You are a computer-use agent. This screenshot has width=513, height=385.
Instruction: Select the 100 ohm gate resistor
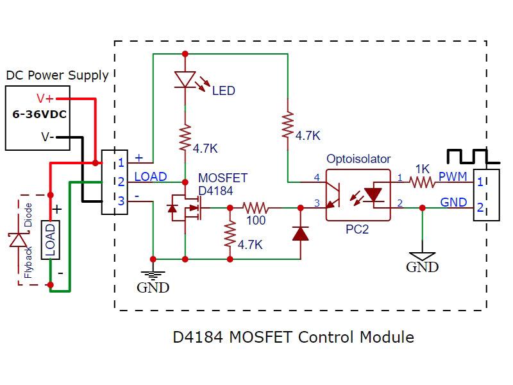coord(255,208)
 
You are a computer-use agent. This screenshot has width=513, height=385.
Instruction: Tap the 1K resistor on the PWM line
coord(422,182)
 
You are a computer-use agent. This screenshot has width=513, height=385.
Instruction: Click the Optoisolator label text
coord(358,158)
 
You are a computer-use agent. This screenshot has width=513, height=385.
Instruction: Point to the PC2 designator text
coord(357,228)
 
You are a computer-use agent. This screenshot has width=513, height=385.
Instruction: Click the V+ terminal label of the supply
coord(46,99)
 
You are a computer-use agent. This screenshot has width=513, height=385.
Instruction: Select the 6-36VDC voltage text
coord(40,116)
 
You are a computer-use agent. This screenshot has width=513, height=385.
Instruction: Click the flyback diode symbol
coord(17,239)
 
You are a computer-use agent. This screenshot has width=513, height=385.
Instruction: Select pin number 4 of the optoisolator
coord(315,176)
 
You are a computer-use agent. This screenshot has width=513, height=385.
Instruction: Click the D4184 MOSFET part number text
coord(215,191)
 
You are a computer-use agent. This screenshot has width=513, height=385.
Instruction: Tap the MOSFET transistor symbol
coord(188,209)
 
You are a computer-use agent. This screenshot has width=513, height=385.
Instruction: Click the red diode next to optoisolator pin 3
coord(300,233)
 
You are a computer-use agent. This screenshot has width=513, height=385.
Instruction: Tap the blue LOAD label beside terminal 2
coord(151,176)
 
